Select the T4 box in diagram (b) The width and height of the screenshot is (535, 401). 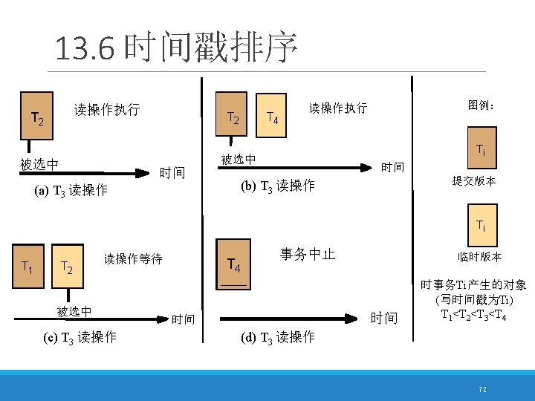272,117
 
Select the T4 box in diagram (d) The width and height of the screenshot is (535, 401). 233,263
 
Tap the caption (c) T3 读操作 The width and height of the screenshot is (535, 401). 80,337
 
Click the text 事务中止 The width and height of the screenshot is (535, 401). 308,255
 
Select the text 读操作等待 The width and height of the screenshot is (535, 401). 133,259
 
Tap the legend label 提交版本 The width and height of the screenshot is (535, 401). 475,181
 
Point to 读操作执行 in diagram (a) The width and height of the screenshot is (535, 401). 107,110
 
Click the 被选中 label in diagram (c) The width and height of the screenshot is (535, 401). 74,310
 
